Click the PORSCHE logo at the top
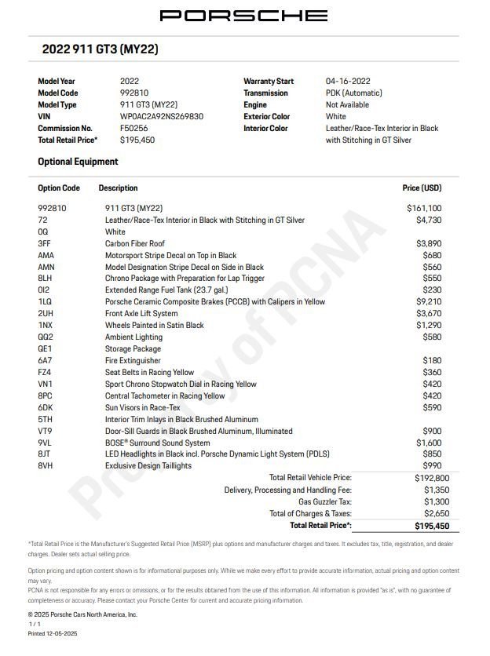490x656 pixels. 244,16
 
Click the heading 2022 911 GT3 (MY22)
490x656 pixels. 101,49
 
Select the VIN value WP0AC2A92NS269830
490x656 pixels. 161,116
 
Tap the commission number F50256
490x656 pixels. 133,128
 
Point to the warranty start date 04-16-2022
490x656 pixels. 348,81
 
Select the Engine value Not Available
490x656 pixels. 347,104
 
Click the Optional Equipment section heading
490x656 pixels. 78,162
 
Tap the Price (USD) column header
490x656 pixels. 422,188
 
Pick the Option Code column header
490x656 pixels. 59,188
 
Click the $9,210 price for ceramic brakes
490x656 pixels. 428,302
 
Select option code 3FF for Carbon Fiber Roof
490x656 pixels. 45,244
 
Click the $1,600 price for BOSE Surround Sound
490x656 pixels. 428,443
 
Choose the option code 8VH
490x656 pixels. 46,466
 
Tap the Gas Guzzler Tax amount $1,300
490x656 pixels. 437,501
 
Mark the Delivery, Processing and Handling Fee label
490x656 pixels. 287,490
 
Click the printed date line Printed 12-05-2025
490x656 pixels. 53,633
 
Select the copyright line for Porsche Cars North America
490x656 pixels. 82,614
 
